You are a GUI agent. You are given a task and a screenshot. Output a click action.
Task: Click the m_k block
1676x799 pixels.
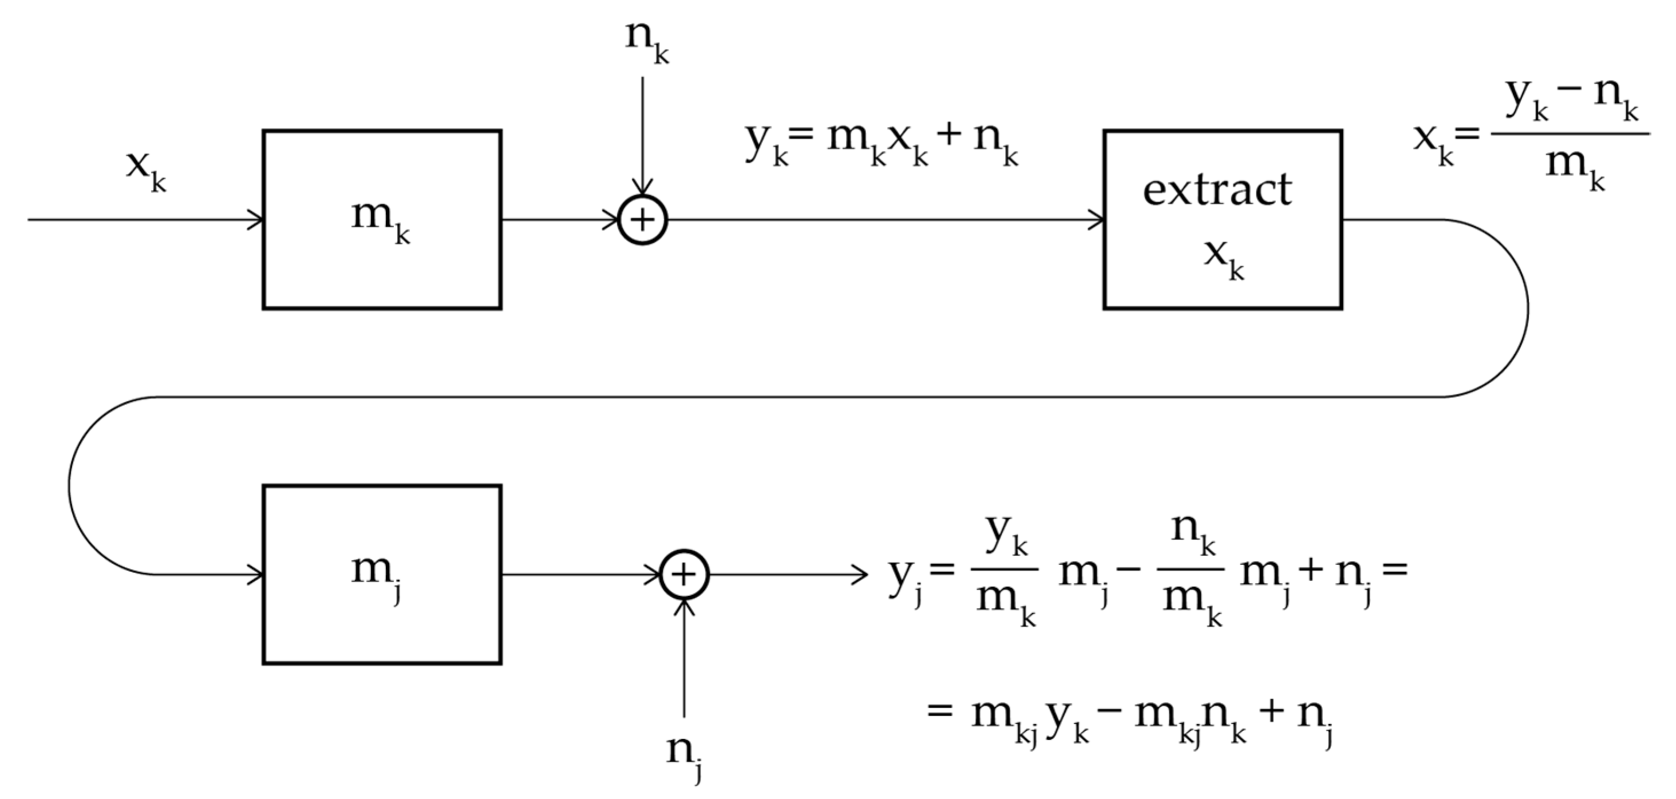tap(382, 219)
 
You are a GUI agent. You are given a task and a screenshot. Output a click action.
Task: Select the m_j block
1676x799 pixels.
tap(382, 575)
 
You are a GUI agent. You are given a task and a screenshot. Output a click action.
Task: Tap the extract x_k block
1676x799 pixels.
tap(1223, 219)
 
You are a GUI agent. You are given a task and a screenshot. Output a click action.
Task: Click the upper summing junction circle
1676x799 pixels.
tap(642, 220)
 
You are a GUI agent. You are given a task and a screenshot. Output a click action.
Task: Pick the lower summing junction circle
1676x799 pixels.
tap(684, 575)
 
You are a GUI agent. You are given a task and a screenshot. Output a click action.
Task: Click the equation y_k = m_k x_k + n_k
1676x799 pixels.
tap(882, 147)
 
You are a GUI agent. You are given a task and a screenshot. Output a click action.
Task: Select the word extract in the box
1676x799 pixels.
tap(1218, 190)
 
